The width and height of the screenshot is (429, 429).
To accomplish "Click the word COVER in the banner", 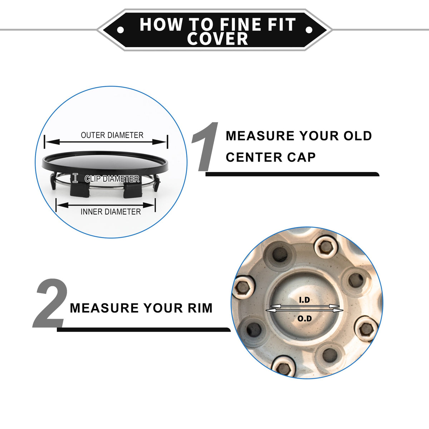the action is (x=217, y=39).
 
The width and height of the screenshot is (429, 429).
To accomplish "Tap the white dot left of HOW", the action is (x=120, y=30).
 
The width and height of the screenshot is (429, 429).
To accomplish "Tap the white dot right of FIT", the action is (x=309, y=30).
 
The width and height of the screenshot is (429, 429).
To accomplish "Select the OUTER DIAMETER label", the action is (x=112, y=135).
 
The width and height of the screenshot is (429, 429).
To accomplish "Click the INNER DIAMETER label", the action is (x=110, y=212).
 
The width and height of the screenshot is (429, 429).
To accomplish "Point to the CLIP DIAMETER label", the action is (x=112, y=179).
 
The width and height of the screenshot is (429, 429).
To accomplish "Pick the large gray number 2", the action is (x=50, y=303).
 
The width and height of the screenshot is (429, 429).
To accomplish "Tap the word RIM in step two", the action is (x=200, y=308).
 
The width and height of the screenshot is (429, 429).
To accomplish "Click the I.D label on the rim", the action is (x=304, y=300).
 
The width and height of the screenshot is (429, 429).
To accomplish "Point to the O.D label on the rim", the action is (x=305, y=319).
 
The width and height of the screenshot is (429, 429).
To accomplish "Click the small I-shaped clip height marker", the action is (x=75, y=178).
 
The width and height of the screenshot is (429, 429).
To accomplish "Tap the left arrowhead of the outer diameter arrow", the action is (x=53, y=142).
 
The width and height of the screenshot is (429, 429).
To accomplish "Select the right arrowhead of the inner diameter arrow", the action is (x=148, y=205).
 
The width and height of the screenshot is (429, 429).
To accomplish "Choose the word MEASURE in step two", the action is (x=104, y=308).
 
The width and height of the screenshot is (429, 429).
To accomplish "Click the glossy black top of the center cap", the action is (x=105, y=161).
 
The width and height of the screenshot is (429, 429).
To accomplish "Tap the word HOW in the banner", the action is (x=161, y=25).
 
